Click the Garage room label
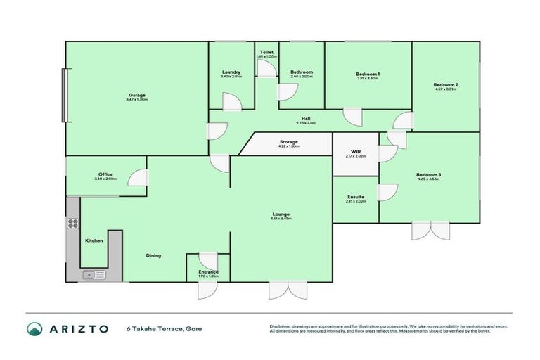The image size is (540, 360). click(137, 95)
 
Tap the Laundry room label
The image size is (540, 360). click(231, 72)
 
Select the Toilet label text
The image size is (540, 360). click(266, 52)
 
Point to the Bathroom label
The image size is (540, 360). click(302, 72)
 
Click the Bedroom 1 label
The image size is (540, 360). click(368, 75)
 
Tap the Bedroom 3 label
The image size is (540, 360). click(427, 175)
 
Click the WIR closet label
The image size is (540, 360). click(356, 152)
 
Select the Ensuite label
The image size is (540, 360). click(356, 198)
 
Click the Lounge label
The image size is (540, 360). click(281, 214)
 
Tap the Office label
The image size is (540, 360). click(105, 174)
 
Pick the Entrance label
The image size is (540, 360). click(208, 271)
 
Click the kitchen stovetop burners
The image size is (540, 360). click(72, 224)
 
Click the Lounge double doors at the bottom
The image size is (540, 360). click(288, 290)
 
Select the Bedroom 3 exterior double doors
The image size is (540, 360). click(430, 231)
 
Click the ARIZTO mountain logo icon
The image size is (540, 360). click(34, 328)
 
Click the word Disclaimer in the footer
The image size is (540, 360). click(281, 326)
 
